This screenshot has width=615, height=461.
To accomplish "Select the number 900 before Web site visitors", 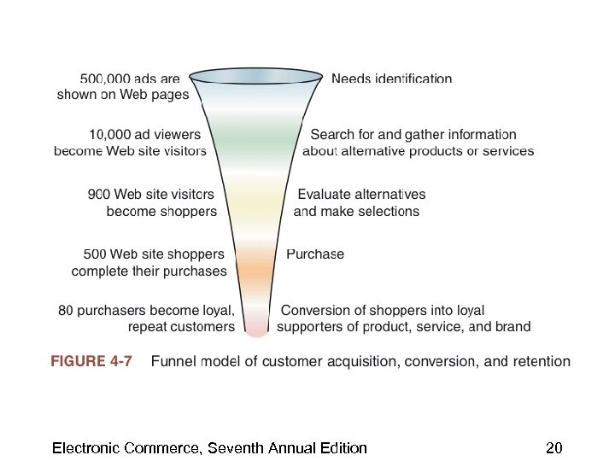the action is (x=100, y=195).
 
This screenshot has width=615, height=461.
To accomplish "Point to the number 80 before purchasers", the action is (x=66, y=310).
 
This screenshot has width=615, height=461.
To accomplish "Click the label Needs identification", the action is (x=391, y=79).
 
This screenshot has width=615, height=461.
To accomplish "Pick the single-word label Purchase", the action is (x=315, y=254).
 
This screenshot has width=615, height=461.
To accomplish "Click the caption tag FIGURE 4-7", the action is (x=91, y=361).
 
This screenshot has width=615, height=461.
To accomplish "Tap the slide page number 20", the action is (x=553, y=448).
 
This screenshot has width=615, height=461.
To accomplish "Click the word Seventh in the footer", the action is (x=236, y=448).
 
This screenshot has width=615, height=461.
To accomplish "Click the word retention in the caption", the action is (x=540, y=361).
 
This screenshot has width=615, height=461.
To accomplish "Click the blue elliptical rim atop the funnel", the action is (x=256, y=77).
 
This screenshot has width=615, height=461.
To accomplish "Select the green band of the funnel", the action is (x=256, y=137).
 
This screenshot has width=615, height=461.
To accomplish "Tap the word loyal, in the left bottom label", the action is (x=218, y=310).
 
